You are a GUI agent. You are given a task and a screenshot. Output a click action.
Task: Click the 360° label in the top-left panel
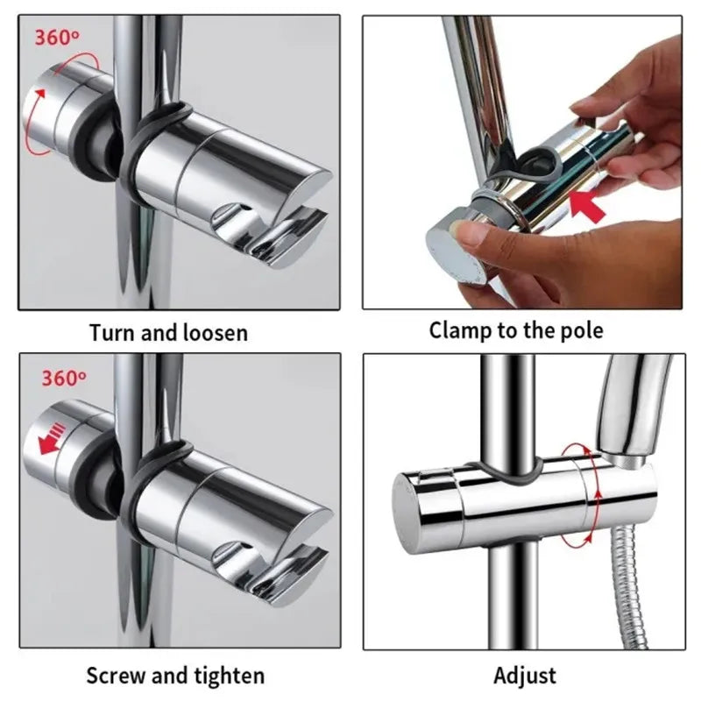(57, 38)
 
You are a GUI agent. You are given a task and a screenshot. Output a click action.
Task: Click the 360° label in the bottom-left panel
(63, 379)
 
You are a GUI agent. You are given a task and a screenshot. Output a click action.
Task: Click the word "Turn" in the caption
(112, 333)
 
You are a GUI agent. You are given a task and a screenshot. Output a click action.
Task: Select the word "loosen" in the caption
(216, 333)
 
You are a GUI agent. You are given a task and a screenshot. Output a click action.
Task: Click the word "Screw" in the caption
(116, 675)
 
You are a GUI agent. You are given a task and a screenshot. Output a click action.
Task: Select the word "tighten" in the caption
(230, 676)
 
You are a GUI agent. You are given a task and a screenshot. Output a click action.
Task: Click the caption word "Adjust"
(525, 676)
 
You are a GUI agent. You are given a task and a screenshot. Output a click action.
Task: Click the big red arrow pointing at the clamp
(587, 206)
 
